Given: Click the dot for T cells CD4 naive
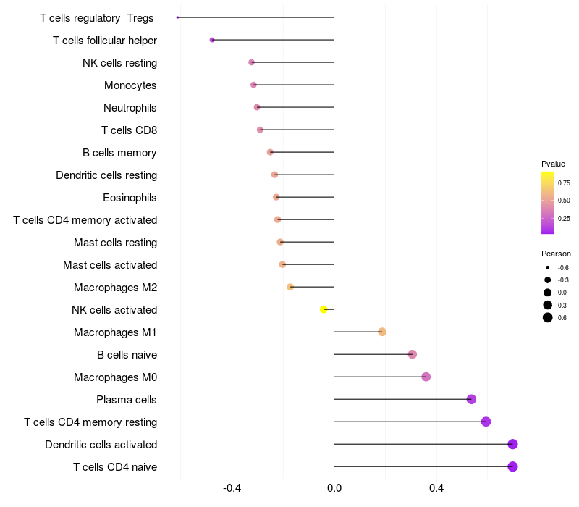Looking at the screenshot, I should click(512, 466).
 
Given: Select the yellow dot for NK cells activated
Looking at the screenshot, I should click(324, 309).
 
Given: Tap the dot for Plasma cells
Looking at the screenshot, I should click(471, 399).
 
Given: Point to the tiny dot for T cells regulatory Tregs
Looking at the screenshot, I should click(177, 17).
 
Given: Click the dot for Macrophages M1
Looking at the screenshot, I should click(382, 332).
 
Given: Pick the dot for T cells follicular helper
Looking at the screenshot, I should click(212, 40).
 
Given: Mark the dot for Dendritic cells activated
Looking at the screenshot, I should click(512, 444).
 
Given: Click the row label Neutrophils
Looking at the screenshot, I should click(130, 108).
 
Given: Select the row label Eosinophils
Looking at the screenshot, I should click(130, 198).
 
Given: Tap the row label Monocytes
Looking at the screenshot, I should click(130, 85).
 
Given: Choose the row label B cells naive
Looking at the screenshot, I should click(127, 355).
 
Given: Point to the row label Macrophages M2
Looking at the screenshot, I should click(115, 288).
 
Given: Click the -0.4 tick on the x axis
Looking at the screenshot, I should click(232, 488).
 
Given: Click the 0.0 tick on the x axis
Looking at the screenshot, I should click(334, 488).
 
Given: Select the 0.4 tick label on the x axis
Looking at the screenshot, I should click(436, 488).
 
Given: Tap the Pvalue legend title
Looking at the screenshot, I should click(553, 164).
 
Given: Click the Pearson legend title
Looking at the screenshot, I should click(556, 254).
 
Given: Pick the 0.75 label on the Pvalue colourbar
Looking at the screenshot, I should click(563, 183).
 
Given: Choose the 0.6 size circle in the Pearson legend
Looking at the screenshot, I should click(548, 317).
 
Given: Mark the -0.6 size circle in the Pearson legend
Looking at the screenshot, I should click(548, 268).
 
